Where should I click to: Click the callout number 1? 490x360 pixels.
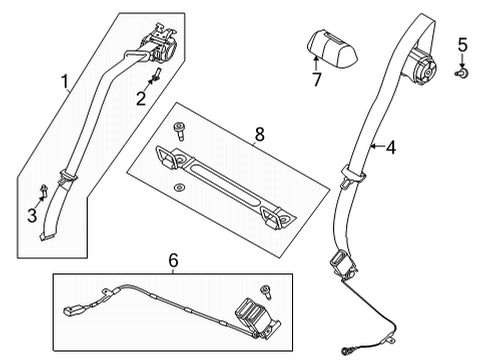click(66, 83)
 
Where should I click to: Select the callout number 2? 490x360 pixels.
click(142, 97)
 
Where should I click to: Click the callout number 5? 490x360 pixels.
click(461, 43)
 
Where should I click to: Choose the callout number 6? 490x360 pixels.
click(173, 262)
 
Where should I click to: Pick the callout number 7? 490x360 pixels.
click(316, 79)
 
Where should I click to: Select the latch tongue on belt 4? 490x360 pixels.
click(341, 261)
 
